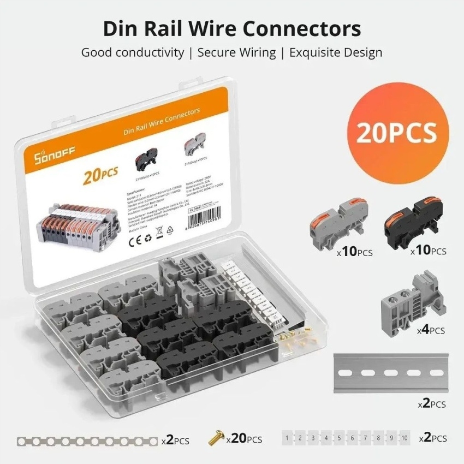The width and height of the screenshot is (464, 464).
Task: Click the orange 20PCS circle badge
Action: (x=397, y=132)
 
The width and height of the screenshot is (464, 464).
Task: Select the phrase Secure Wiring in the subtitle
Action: (x=236, y=52)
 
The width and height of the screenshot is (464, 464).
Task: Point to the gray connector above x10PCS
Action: (x=336, y=224)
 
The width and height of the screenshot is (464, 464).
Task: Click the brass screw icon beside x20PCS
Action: (x=216, y=437)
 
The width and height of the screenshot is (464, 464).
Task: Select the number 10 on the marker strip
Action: (x=404, y=438)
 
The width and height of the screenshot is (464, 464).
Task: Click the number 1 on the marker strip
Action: (x=288, y=438)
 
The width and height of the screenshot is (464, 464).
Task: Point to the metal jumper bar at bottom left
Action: (x=87, y=440)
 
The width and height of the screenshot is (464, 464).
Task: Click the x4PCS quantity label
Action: (x=431, y=330)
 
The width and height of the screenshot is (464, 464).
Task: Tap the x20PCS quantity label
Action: (x=244, y=439)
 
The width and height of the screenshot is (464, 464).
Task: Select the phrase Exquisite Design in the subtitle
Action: (x=335, y=52)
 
